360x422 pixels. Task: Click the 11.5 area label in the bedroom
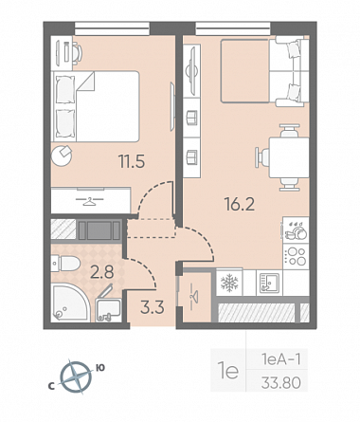point(132,161)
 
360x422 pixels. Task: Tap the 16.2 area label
point(240,204)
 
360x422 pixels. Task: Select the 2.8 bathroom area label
point(102,272)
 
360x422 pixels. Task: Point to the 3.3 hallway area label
point(153,307)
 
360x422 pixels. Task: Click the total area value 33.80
point(280,383)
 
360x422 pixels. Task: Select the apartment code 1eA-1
point(280,359)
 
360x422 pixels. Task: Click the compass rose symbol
point(76,377)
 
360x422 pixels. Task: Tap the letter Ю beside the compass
point(100,368)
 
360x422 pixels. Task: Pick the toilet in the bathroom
point(65,264)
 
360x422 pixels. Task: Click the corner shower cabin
point(70,303)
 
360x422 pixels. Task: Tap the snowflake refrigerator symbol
point(229,283)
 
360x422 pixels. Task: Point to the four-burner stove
point(296,256)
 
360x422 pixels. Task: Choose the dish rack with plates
point(296,230)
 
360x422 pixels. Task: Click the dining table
point(289,157)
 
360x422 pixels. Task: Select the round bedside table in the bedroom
point(62,156)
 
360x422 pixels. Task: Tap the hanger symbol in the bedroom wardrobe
point(90,202)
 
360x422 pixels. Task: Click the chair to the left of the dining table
point(261,157)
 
